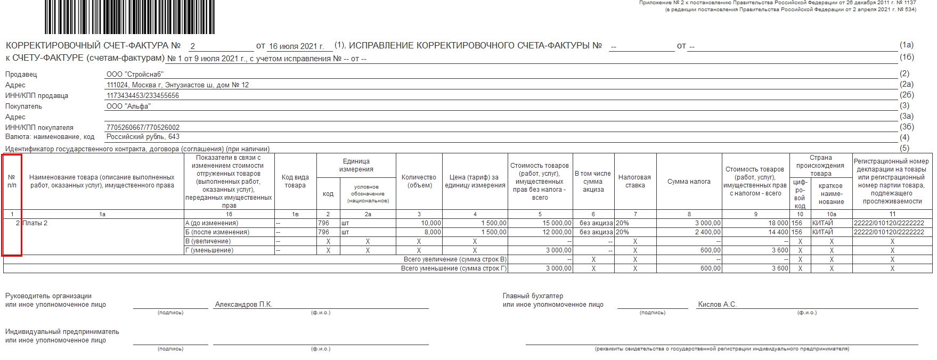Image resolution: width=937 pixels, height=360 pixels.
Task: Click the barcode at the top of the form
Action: [129, 17]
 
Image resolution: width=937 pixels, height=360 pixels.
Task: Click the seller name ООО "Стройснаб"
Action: [135, 75]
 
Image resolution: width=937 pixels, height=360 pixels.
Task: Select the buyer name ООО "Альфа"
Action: [128, 107]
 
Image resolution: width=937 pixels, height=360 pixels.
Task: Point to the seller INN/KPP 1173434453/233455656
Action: [143, 96]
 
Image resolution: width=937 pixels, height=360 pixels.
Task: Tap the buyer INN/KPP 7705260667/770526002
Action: [143, 128]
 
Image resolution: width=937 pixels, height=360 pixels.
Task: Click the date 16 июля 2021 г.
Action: [296, 46]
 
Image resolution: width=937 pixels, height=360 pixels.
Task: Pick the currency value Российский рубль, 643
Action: [143, 137]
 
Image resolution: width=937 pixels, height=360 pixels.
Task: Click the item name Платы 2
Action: [35, 223]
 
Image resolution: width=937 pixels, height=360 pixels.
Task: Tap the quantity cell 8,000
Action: [432, 232]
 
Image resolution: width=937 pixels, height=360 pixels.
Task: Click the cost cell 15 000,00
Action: [557, 223]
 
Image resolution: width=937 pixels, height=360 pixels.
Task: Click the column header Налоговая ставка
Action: [634, 181]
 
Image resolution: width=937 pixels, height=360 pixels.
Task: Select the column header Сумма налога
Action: [689, 182]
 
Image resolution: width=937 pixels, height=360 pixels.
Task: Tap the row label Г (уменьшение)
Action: [209, 250]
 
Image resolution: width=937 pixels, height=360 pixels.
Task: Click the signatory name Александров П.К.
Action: [243, 305]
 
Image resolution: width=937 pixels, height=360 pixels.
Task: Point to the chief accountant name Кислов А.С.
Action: [717, 305]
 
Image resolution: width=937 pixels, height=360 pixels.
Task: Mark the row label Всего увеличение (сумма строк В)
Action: [454, 259]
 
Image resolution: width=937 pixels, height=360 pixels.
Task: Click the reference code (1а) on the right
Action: [906, 45]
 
